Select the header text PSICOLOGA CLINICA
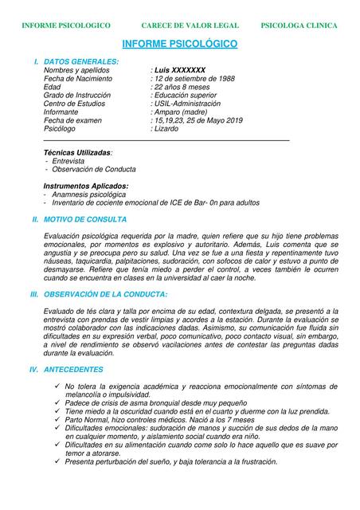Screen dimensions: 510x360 click(299, 25)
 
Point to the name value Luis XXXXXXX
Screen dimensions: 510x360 click(179, 70)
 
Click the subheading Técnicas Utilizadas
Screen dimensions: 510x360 click(77, 151)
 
